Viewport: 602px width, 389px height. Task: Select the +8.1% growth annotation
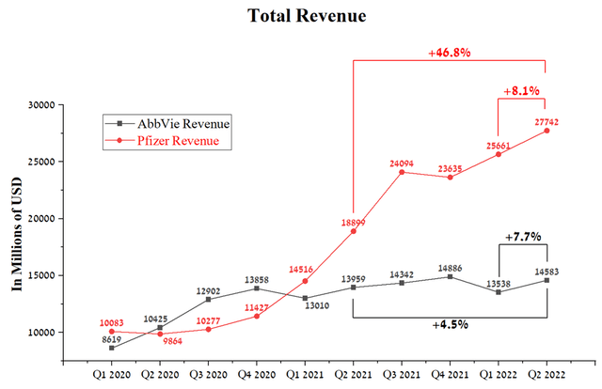pyautogui.click(x=523, y=92)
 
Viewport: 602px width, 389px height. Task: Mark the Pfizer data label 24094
pyautogui.click(x=403, y=161)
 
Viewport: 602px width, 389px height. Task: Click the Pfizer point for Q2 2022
pyautogui.click(x=547, y=131)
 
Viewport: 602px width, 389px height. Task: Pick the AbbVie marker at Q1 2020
pyautogui.click(x=112, y=348)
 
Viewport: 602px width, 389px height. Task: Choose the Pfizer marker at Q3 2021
pyautogui.click(x=402, y=172)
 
